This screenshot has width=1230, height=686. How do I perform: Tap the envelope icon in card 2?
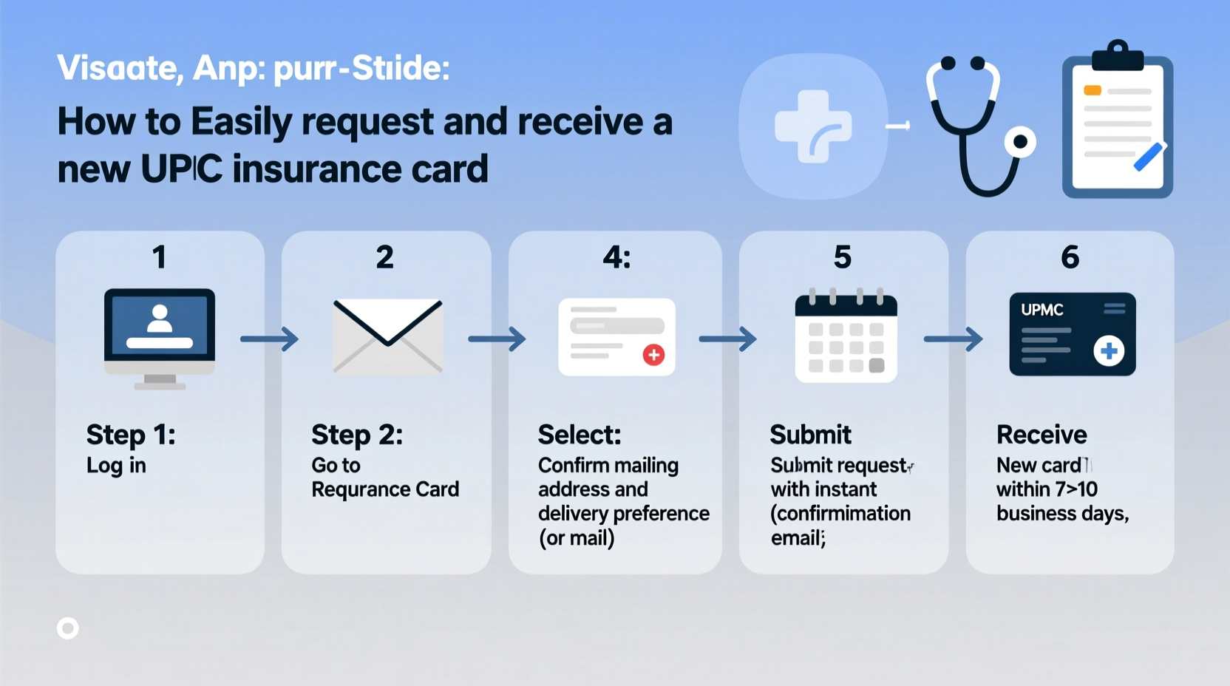pos(387,336)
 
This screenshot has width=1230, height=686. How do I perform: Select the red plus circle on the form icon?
pos(653,355)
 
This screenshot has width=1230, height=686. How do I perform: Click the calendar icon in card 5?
pos(846,338)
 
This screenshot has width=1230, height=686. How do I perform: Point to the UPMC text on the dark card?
pos(1042,310)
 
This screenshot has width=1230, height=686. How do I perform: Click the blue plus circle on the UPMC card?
pos(1109,351)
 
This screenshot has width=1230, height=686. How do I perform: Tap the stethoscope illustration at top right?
pos(976,126)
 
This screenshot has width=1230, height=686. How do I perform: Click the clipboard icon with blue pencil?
pos(1117,122)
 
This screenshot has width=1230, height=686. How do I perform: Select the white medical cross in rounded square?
pos(813,126)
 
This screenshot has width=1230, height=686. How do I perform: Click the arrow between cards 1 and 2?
pos(269,339)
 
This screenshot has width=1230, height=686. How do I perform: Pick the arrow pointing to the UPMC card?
pos(953,339)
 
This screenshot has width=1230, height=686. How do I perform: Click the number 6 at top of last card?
pos(1070,257)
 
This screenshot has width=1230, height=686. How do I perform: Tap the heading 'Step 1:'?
pos(131,435)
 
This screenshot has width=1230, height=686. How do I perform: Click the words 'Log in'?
pos(116,466)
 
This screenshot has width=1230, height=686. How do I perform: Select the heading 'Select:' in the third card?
pos(579,435)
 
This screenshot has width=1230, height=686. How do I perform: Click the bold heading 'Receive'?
pos(1041,435)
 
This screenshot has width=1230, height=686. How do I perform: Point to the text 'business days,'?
pos(1062,514)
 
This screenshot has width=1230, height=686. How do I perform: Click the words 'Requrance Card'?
pos(385,489)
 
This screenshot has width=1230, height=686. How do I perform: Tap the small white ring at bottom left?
pos(68,628)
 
